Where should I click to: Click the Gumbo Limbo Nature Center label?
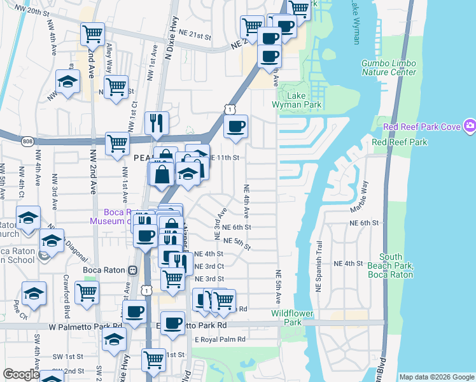(389, 67)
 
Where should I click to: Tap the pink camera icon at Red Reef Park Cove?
(470, 126)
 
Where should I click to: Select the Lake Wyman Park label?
(304, 100)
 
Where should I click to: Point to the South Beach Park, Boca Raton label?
(390, 265)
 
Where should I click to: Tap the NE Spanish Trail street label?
(319, 271)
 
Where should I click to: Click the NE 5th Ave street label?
(278, 286)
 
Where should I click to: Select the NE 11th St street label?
(227, 157)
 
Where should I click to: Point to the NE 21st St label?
(195, 38)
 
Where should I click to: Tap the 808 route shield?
(27, 141)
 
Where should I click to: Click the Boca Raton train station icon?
(133, 269)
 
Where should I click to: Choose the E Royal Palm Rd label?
(220, 339)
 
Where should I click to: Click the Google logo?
(20, 374)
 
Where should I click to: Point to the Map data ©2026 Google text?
(436, 377)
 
